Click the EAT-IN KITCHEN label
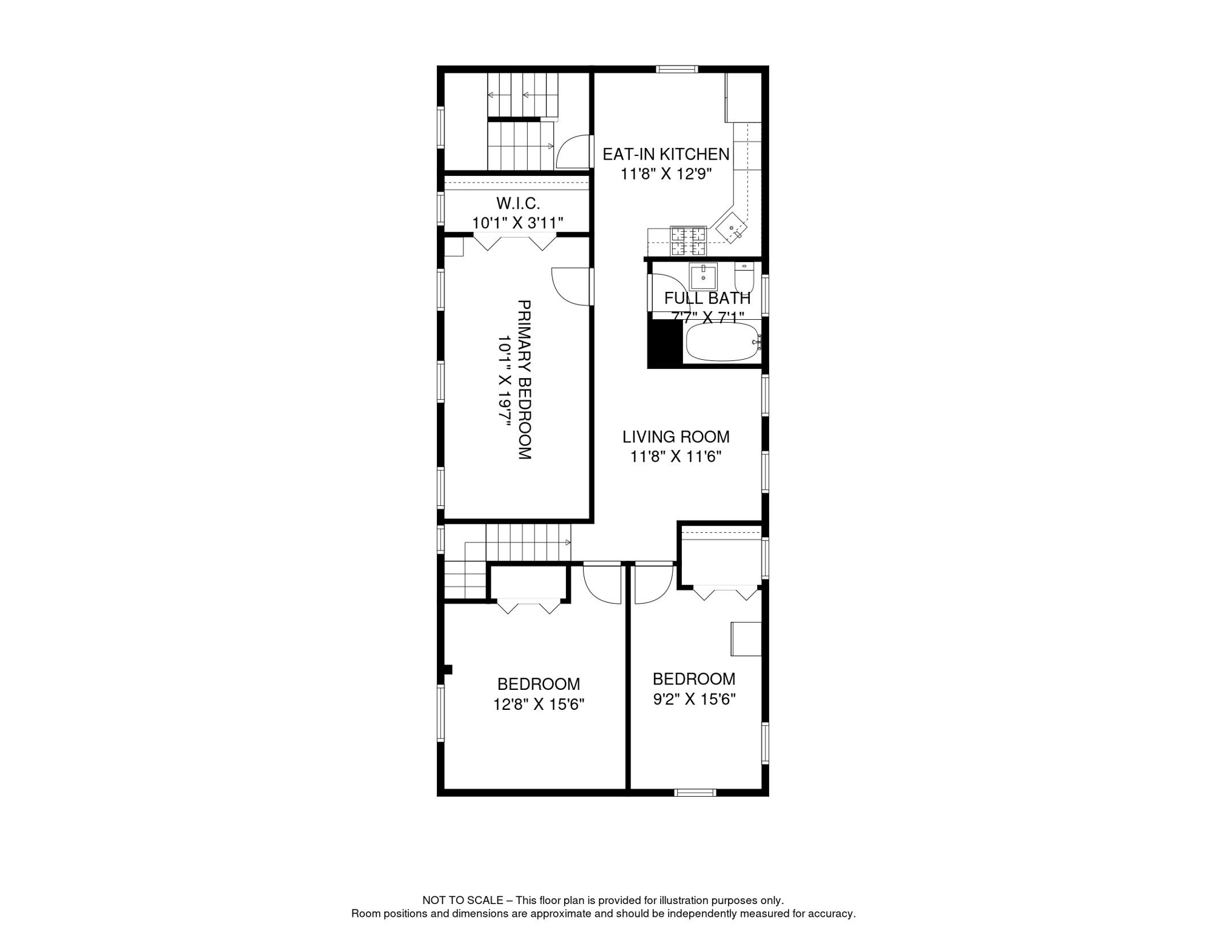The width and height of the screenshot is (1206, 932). pyautogui.click(x=665, y=154)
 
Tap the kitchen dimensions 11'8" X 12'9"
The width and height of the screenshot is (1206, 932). pyautogui.click(x=665, y=174)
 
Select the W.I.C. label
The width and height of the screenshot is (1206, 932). pyautogui.click(x=517, y=203)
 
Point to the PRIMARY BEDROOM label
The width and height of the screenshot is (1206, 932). pyautogui.click(x=524, y=380)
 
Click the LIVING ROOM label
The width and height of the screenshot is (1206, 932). pyautogui.click(x=676, y=437)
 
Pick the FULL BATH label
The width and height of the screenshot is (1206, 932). pyautogui.click(x=707, y=299)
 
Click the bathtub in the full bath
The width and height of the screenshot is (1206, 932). pyautogui.click(x=722, y=342)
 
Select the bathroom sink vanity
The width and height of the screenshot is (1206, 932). pyautogui.click(x=703, y=277)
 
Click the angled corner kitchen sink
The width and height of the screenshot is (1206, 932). pyautogui.click(x=731, y=228)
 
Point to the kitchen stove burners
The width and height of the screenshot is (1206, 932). pyautogui.click(x=689, y=241)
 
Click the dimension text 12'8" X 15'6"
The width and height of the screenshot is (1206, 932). pyautogui.click(x=538, y=704)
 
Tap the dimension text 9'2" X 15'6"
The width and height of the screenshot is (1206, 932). pyautogui.click(x=694, y=700)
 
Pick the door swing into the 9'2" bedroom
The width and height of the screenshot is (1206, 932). pyautogui.click(x=653, y=584)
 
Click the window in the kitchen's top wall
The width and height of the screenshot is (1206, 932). pyautogui.click(x=677, y=69)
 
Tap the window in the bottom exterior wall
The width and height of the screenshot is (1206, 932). pyautogui.click(x=695, y=792)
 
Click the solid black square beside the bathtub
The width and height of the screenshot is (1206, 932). pyautogui.click(x=665, y=343)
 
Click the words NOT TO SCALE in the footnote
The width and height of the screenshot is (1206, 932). pyautogui.click(x=462, y=900)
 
